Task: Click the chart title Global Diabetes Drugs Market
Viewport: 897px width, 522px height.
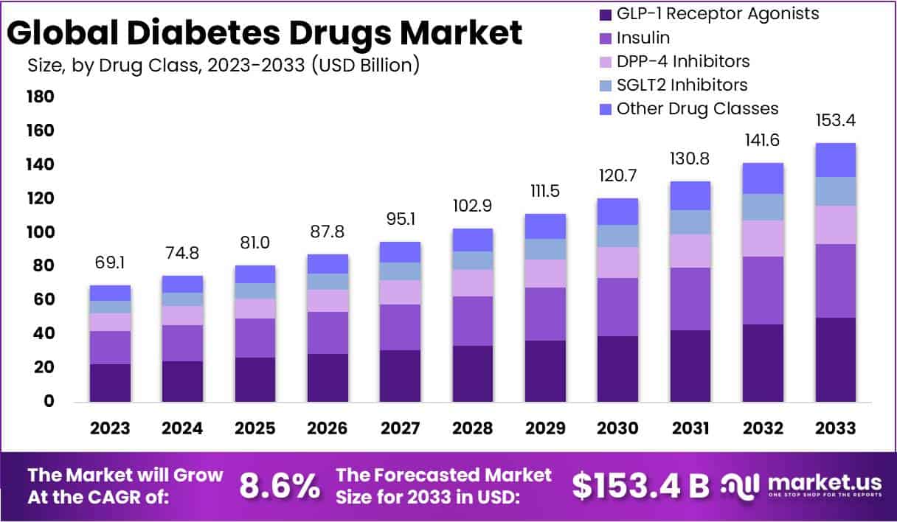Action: pos(266,32)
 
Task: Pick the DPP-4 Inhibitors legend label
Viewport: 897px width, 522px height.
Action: pos(683,61)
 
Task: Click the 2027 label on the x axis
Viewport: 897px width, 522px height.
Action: pos(401,428)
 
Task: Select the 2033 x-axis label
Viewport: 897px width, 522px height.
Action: pos(835,428)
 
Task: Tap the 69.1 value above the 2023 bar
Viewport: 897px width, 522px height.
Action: pos(110,262)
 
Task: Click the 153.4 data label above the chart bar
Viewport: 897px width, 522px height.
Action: pos(835,120)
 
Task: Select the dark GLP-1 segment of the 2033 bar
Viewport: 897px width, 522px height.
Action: pos(835,360)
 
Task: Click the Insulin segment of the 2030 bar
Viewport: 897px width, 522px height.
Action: pos(617,307)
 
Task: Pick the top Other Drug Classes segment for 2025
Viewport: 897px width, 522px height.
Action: pos(255,274)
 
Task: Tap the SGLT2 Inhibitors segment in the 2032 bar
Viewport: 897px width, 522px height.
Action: pos(763,207)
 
